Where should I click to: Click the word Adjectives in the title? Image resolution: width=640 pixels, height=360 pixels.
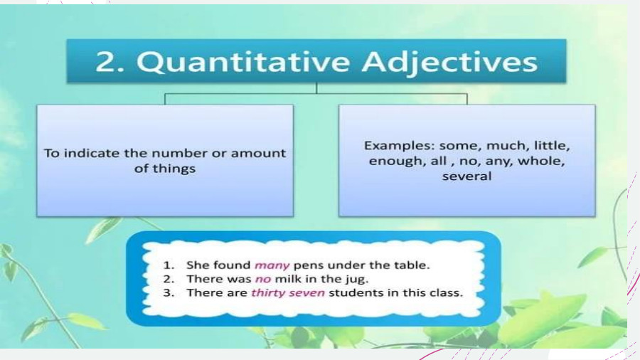click(449, 62)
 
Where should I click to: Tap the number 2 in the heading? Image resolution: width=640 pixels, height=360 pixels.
click(105, 62)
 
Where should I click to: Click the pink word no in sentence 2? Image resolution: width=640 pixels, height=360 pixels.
click(262, 279)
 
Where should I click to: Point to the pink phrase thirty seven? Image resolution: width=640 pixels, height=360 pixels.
click(288, 292)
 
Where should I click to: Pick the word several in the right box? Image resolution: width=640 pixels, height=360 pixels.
click(466, 176)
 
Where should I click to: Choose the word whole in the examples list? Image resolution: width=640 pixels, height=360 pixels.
click(541, 161)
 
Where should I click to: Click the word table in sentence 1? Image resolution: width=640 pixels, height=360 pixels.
click(412, 265)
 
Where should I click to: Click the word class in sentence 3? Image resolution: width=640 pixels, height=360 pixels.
click(447, 292)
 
